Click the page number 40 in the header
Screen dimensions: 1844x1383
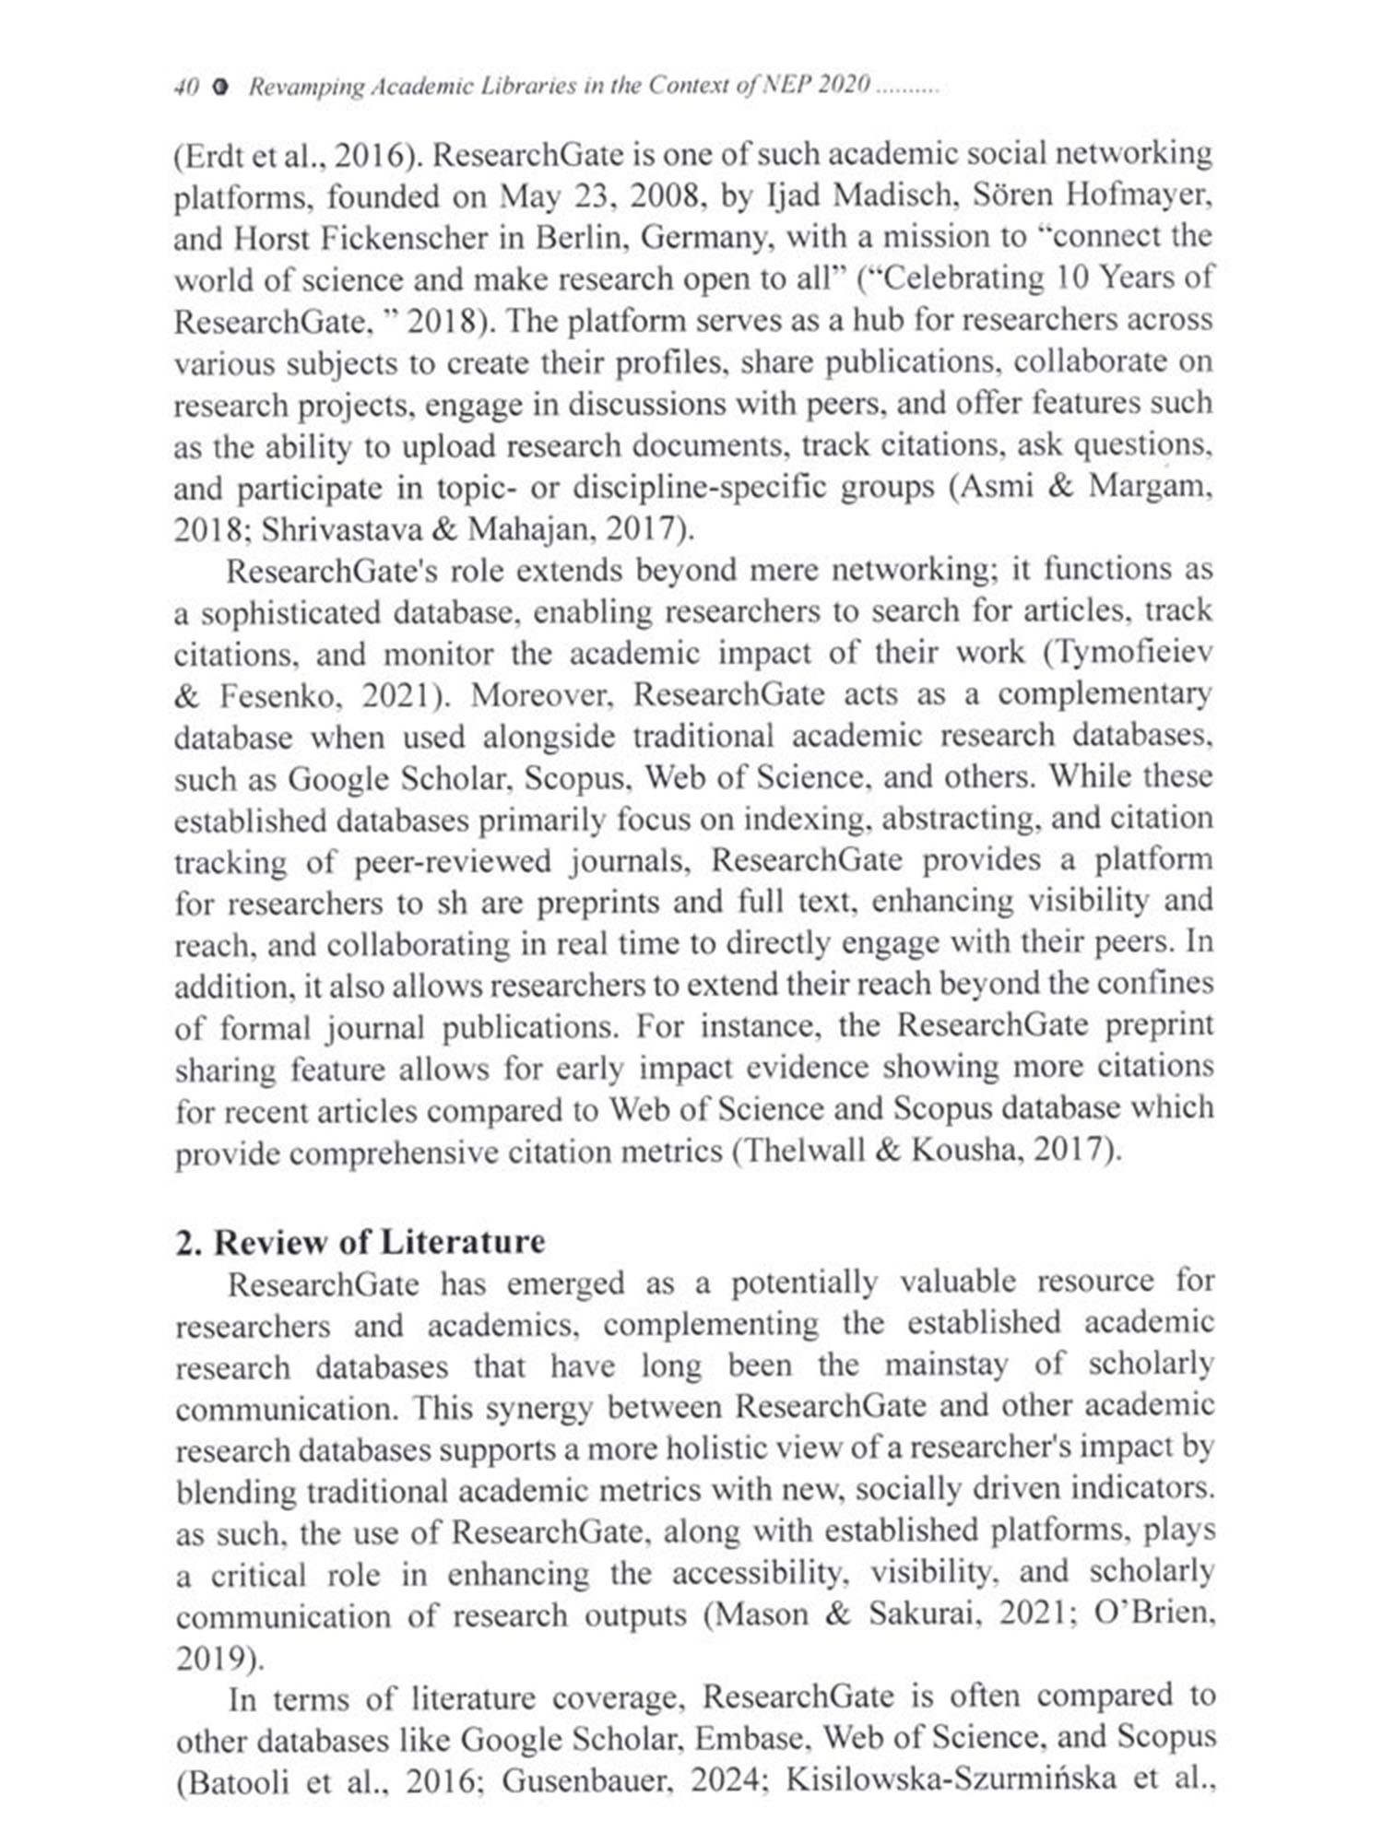tap(186, 87)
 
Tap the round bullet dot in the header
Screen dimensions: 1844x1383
tap(220, 87)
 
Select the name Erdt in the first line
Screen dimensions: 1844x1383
tap(207, 155)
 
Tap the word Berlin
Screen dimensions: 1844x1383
tap(568, 238)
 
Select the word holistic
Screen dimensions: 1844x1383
tap(691, 1449)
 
